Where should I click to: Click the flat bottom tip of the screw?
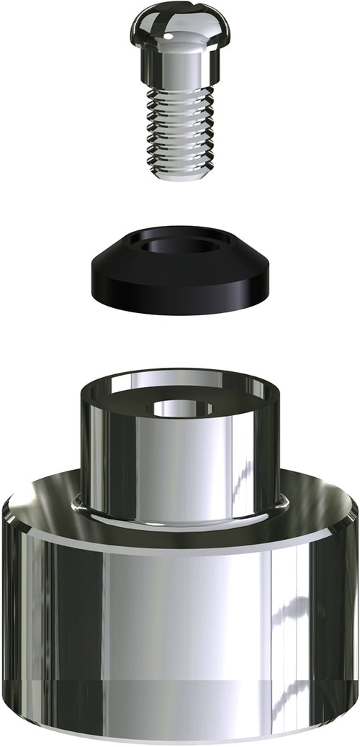[181, 176]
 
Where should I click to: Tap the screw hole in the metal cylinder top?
[180, 408]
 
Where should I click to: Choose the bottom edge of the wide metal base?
[180, 738]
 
